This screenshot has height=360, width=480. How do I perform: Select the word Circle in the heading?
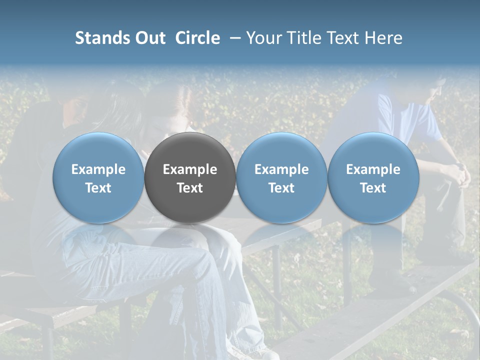(x=197, y=38)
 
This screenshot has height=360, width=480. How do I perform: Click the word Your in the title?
(x=262, y=38)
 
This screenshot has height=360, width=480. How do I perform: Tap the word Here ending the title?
(x=383, y=38)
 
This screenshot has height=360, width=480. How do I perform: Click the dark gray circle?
(x=190, y=177)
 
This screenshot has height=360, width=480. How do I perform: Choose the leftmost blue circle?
(x=98, y=177)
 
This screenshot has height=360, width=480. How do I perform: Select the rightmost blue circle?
(x=373, y=177)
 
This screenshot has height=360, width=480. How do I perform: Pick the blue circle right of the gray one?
(x=281, y=177)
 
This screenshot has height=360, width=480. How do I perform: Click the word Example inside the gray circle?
(x=190, y=169)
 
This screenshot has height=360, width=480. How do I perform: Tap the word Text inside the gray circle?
(x=190, y=188)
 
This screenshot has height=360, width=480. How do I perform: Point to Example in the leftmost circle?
(x=98, y=169)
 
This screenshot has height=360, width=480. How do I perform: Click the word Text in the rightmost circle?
(x=373, y=188)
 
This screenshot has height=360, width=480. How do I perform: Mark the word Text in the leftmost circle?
(x=98, y=188)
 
